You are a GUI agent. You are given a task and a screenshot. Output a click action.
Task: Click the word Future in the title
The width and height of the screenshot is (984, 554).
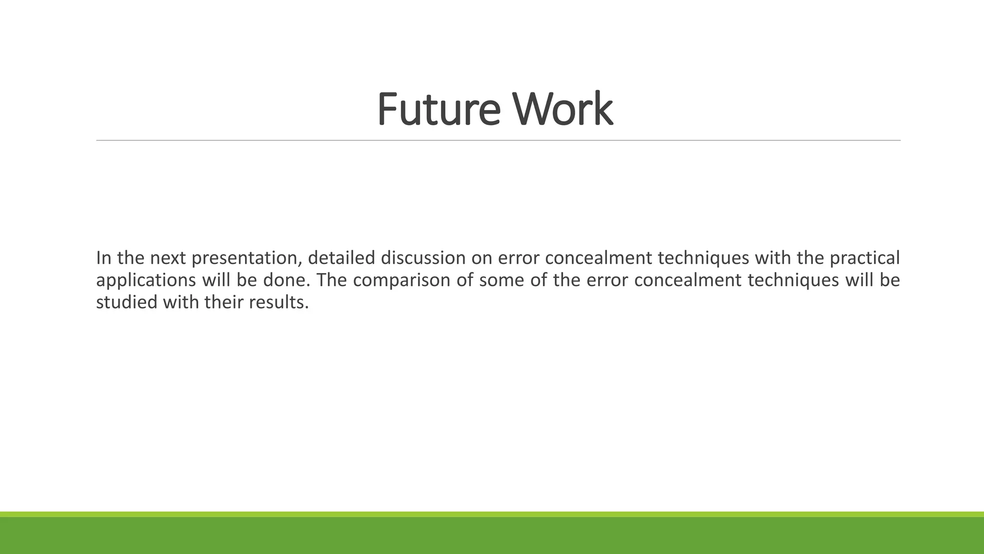438,109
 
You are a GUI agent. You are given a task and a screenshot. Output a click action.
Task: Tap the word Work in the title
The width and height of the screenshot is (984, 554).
563,109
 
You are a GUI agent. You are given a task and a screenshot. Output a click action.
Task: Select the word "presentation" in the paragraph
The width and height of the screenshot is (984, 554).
246,259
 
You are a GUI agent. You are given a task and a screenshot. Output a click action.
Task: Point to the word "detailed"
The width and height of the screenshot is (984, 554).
341,258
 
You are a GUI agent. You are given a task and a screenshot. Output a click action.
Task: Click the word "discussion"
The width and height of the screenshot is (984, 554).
423,258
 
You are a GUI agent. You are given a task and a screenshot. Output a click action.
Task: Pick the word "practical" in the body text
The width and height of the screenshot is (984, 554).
865,259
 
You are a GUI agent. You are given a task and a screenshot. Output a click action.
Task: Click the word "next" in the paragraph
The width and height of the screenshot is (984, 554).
168,259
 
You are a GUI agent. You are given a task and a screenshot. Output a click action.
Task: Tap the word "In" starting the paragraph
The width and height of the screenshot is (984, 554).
103,258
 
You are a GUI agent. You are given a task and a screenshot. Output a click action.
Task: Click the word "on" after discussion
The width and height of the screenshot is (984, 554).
481,259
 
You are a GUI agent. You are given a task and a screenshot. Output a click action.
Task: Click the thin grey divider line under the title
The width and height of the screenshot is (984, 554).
498,140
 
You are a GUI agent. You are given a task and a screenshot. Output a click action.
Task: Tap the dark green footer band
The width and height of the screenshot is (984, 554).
492,536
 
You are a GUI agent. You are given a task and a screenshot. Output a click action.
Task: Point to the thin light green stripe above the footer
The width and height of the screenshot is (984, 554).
492,514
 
